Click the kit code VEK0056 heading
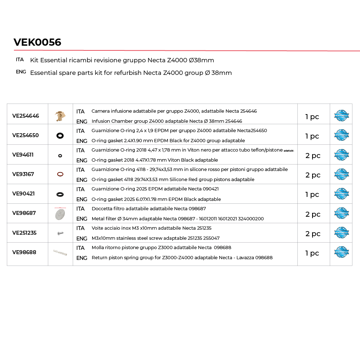click(37, 42)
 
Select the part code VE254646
click(26, 116)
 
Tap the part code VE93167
click(23, 174)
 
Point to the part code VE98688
click(24, 252)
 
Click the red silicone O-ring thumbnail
click(60, 174)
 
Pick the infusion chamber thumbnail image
click(60, 116)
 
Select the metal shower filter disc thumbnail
click(60, 214)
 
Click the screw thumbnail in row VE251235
click(60, 233)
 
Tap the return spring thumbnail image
click(60, 252)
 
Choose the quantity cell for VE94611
click(313, 156)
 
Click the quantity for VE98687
click(313, 214)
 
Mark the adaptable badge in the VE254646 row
click(341, 116)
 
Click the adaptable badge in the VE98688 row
click(341, 252)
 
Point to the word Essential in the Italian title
click(53, 60)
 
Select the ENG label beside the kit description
click(21, 72)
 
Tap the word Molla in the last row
click(98, 248)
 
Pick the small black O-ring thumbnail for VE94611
click(60, 156)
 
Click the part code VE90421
click(23, 194)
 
